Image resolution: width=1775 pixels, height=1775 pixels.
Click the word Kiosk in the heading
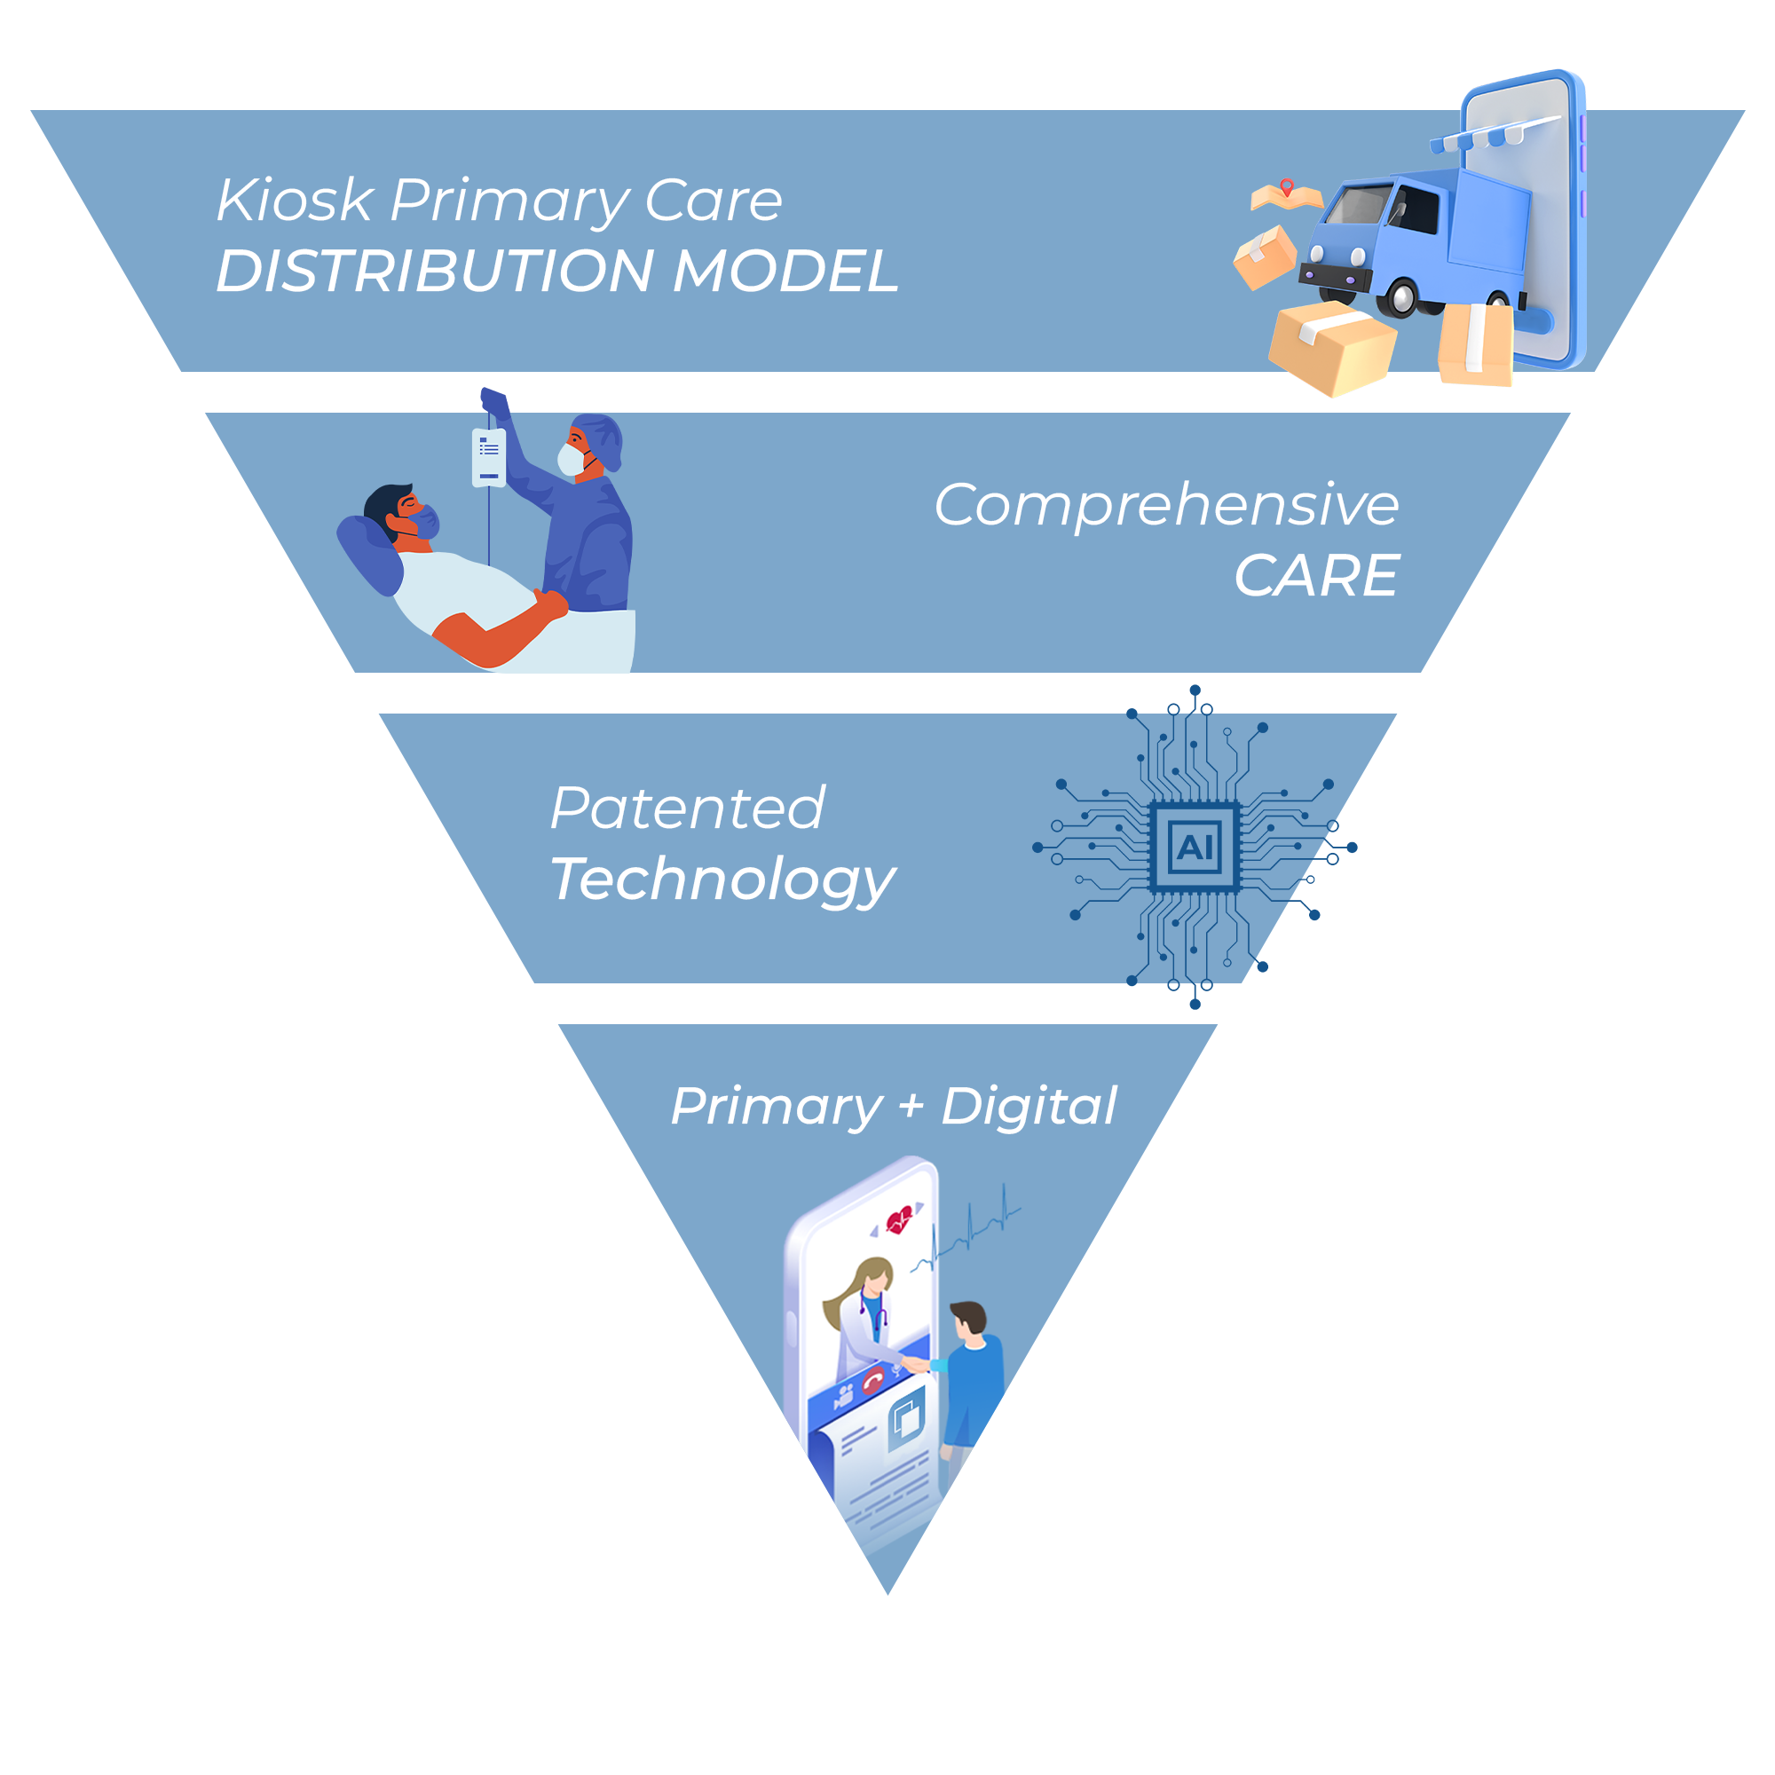point(295,201)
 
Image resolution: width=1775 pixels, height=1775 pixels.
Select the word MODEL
point(785,272)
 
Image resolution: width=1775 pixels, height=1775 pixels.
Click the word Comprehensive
point(1166,506)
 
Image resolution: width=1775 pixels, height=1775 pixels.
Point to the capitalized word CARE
point(1315,577)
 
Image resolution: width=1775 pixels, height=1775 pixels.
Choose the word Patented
point(687,809)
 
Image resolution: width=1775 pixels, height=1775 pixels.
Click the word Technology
point(722,880)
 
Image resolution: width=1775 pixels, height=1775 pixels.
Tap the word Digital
point(1028,1105)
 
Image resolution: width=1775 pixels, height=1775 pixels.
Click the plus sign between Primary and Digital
point(911,1106)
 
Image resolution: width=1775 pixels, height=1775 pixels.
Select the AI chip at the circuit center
point(1195,846)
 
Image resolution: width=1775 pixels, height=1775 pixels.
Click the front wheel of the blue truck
point(1401,296)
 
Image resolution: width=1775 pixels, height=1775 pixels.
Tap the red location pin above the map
point(1287,187)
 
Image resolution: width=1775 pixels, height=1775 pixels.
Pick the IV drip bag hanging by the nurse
point(489,456)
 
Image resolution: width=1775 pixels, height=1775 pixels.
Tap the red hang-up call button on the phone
point(872,1381)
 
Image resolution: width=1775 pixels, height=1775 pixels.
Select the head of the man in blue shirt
point(967,1319)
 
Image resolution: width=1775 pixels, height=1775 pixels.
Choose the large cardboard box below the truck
point(1331,347)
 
